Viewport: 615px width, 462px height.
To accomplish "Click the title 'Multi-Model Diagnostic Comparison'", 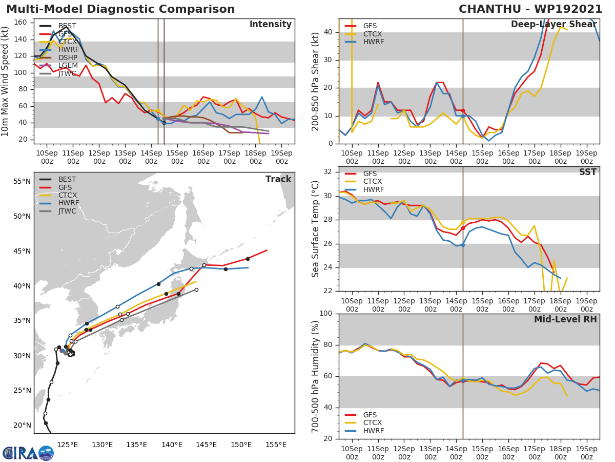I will tap(120, 9).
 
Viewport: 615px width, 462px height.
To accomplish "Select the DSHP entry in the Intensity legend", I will tap(68, 57).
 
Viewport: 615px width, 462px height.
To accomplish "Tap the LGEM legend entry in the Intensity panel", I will tap(68, 65).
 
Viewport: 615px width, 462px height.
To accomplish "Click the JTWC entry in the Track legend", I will tap(68, 211).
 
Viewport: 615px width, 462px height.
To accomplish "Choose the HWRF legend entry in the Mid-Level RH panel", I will tap(373, 431).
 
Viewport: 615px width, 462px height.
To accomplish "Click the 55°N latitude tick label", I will tap(22, 181).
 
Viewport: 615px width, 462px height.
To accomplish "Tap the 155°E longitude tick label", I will tap(276, 445).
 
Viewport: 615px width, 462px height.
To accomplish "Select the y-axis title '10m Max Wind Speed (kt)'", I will tap(6, 81).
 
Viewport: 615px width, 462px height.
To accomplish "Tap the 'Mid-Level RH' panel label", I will tap(565, 319).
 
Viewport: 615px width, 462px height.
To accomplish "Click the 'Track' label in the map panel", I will tap(278, 179).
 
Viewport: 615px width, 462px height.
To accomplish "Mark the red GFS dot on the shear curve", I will tap(463, 110).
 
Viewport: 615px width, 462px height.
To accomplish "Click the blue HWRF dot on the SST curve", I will tap(463, 245).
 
